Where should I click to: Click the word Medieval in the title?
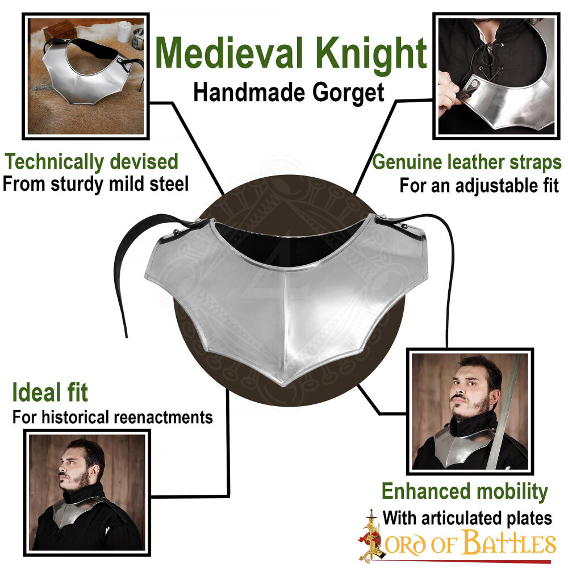229,53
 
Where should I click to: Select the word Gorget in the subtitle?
348,94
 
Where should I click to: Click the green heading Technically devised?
91,161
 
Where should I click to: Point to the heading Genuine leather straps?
467,162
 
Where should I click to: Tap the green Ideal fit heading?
50,392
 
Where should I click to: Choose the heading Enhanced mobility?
465,491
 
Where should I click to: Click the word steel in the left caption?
169,183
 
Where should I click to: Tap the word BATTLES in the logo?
509,542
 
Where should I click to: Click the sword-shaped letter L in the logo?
370,536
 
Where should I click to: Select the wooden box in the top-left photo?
60,30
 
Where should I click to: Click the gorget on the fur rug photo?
90,74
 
